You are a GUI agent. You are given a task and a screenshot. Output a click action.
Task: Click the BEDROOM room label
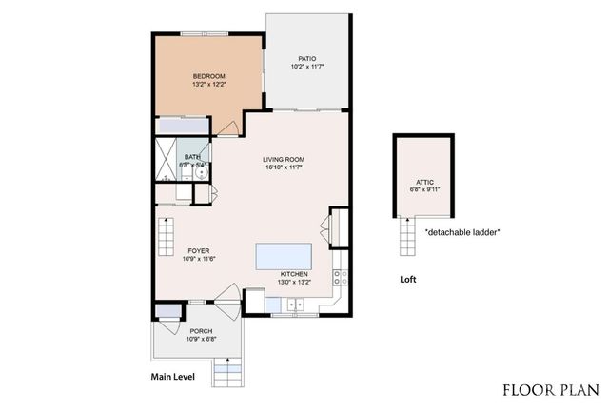208,76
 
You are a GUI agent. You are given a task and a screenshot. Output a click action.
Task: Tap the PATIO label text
305,58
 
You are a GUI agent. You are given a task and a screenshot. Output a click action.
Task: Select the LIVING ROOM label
283,160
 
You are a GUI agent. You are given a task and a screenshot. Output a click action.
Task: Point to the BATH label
192,157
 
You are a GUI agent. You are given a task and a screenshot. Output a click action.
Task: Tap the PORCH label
200,331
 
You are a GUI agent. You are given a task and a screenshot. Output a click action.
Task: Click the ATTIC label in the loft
424,182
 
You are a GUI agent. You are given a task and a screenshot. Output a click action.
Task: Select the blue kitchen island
285,256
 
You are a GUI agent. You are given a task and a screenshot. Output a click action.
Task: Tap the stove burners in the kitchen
341,279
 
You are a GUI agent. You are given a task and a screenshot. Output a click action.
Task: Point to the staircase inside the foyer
167,230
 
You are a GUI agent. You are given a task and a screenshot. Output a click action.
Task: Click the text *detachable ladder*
462,232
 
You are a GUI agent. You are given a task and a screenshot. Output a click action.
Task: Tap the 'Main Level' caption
173,378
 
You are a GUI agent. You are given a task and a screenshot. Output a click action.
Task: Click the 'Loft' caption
408,281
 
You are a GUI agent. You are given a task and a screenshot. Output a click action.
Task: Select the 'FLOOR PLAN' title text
551,389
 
